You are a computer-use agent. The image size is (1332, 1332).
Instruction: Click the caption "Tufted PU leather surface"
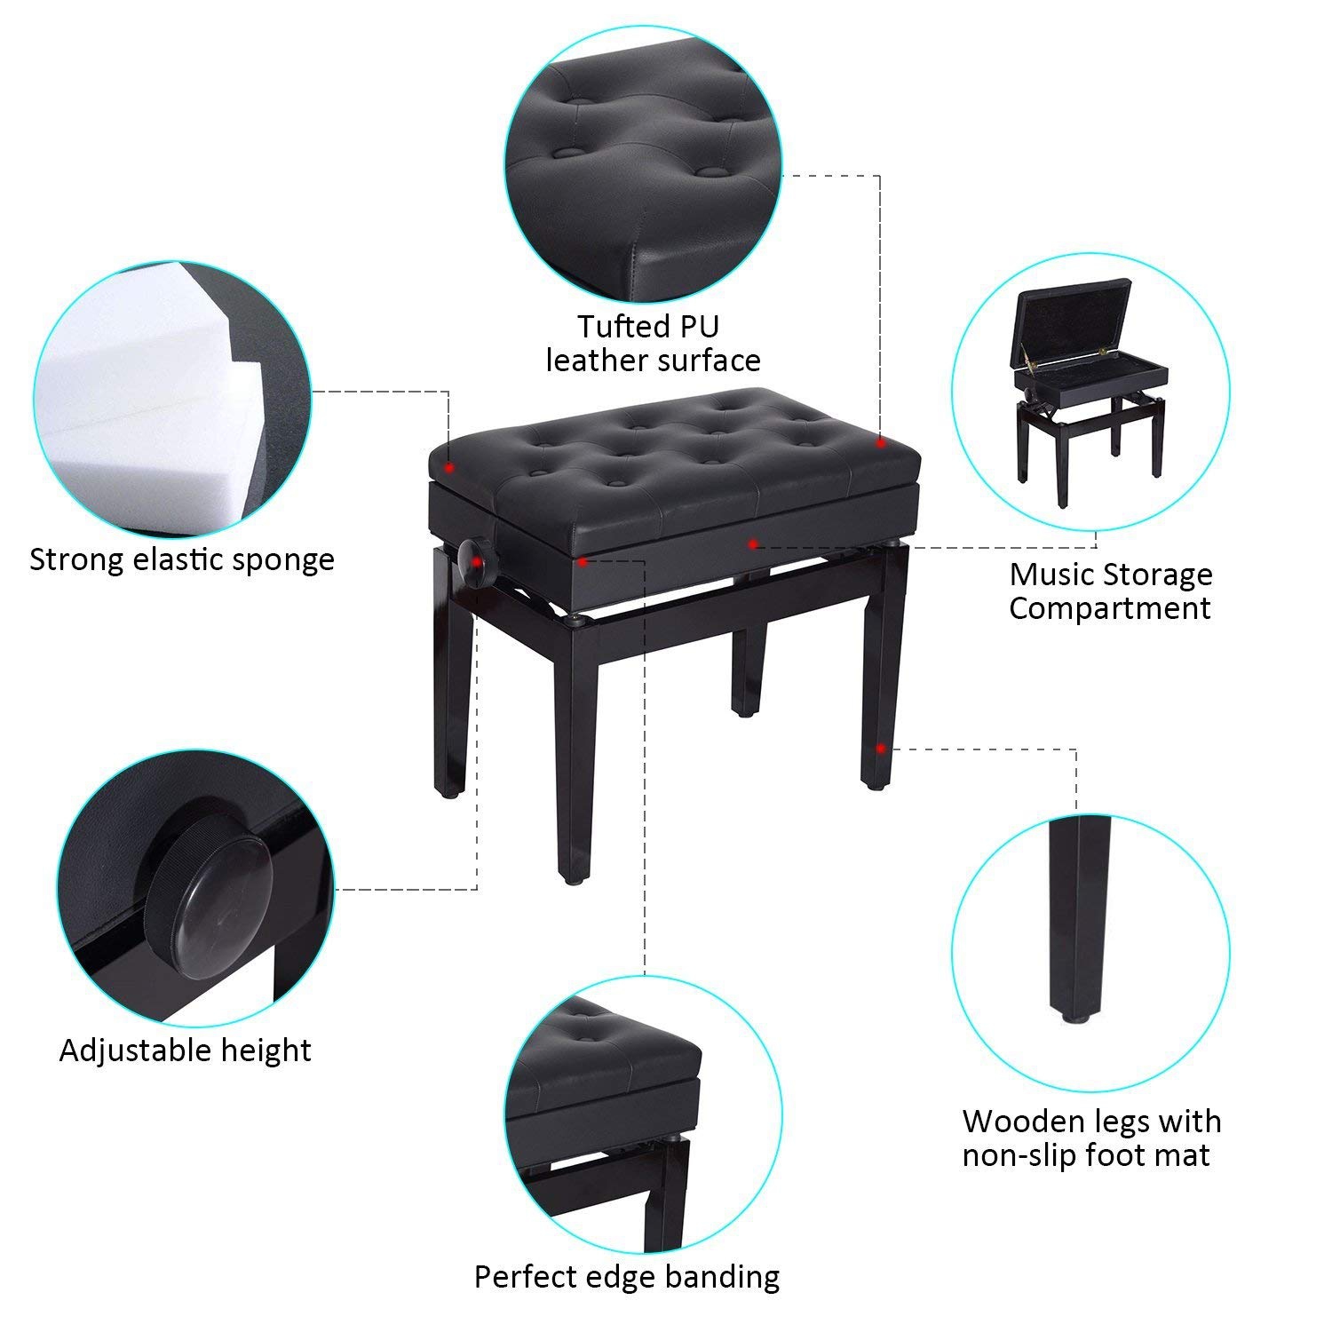coord(653,343)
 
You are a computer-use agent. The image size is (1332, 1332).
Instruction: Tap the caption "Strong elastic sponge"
coord(182,559)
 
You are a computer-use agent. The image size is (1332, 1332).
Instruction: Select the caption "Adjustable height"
coord(185,1051)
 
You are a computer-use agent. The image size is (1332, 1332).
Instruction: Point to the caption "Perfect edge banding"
coord(627,1277)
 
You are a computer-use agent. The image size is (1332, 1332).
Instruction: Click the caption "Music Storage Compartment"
coord(1110,591)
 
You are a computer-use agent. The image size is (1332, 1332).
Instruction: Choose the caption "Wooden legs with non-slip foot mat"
coord(1091,1138)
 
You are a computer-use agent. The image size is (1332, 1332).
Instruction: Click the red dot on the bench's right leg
coord(880,748)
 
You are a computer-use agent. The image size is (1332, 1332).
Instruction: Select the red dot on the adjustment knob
coord(478,561)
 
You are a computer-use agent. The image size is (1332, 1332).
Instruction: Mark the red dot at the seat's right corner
coord(880,441)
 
